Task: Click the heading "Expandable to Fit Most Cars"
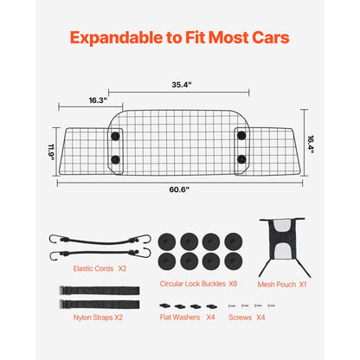tap(179, 38)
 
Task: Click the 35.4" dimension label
tap(179, 86)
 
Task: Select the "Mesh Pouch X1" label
tap(281, 283)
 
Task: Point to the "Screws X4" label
tap(247, 318)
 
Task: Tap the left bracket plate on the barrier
tap(115, 147)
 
